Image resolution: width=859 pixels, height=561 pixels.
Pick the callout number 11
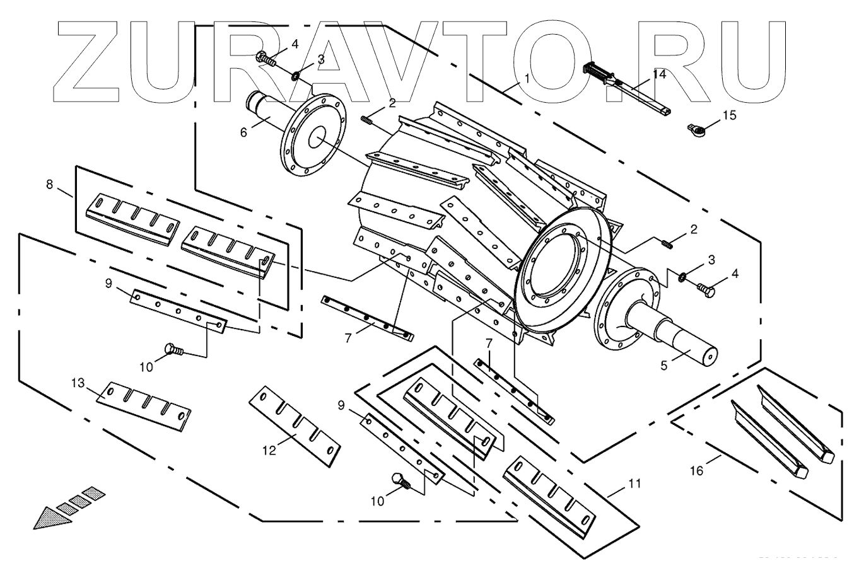[x=633, y=483]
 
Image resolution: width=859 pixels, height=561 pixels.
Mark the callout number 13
[x=77, y=383]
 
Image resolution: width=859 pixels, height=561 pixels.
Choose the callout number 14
[x=658, y=73]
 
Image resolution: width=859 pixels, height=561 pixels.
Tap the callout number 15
[x=729, y=115]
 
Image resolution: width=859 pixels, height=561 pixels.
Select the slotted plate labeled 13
[x=144, y=406]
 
